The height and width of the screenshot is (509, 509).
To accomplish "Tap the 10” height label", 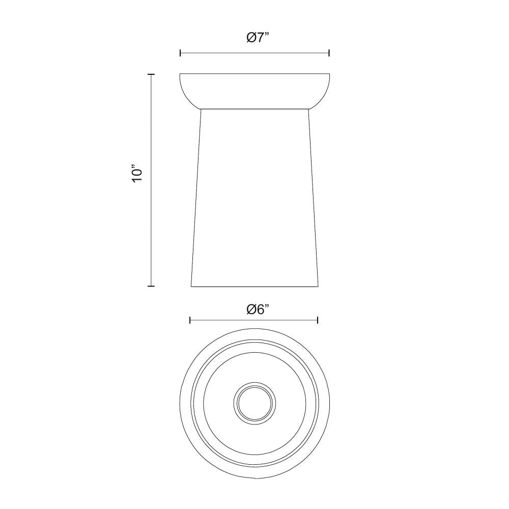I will [x=137, y=174].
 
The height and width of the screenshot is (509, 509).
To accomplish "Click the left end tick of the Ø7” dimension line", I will [x=180, y=52].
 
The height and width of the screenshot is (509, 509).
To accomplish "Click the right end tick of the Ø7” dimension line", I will [x=329, y=52].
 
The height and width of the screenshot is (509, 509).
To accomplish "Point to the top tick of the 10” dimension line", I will [x=151, y=74].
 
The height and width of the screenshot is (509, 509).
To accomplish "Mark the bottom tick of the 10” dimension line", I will [x=151, y=286].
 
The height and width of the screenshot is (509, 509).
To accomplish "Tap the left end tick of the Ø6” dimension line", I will [x=190, y=320].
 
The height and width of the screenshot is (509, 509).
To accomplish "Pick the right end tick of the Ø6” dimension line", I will [x=318, y=320].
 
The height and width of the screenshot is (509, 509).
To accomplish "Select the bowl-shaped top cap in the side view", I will [x=254, y=91].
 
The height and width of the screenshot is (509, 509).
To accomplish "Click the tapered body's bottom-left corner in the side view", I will [x=191, y=286].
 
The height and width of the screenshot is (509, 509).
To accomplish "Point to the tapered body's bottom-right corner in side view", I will [x=318, y=286].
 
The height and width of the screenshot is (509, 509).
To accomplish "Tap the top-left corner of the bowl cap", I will [x=180, y=74].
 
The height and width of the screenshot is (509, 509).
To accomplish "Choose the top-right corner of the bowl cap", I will [x=330, y=74].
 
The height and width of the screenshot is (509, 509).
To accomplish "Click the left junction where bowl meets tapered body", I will [x=201, y=109].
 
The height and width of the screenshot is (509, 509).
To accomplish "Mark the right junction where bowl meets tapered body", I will [x=308, y=109].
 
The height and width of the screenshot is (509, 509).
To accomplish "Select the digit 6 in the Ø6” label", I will [x=259, y=309].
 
